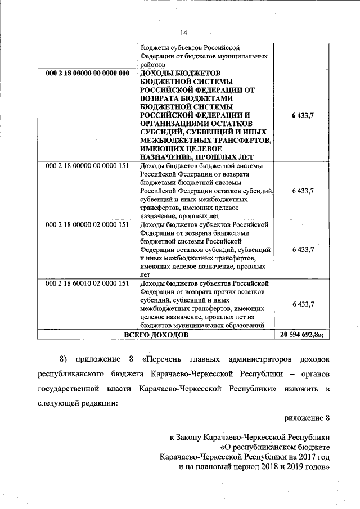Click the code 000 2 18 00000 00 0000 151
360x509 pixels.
[x=87, y=166]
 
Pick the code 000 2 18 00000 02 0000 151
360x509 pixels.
[x=87, y=224]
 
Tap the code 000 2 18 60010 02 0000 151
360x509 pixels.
[x=87, y=283]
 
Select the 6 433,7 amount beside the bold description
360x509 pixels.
[x=303, y=115]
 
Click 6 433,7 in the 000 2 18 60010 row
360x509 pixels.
[x=303, y=304]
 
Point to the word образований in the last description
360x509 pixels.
[x=246, y=326]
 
